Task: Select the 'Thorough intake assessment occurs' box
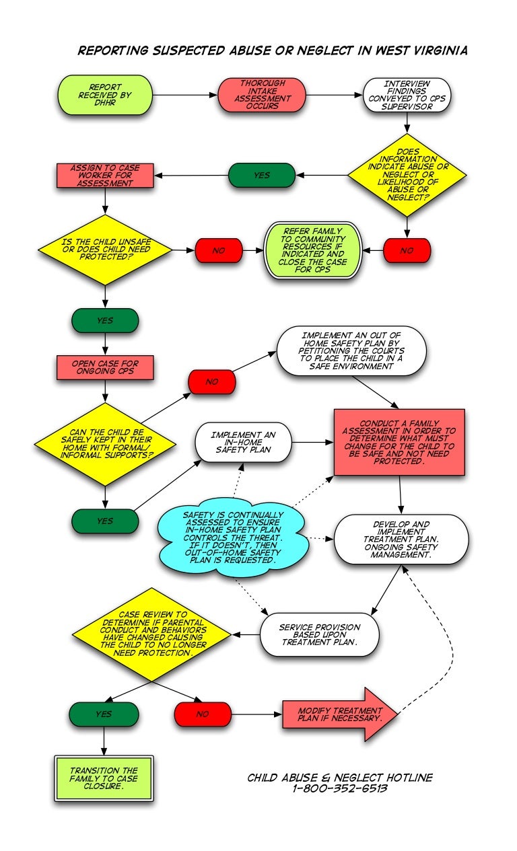pos(262,95)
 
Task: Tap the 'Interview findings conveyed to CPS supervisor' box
pos(407,95)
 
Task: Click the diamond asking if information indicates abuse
pos(407,174)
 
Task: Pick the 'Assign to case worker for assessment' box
pos(104,175)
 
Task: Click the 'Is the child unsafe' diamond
pos(104,250)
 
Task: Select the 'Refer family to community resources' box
pos(314,250)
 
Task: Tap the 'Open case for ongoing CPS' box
pos(104,367)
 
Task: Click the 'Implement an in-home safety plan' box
pos(244,442)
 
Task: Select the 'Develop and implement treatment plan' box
pos(401,540)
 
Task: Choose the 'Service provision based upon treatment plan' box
pos(319,634)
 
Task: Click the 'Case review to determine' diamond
pos(153,634)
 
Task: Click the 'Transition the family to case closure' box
pos(104,778)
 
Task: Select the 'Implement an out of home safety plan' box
pos(352,350)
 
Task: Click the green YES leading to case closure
pos(104,714)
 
